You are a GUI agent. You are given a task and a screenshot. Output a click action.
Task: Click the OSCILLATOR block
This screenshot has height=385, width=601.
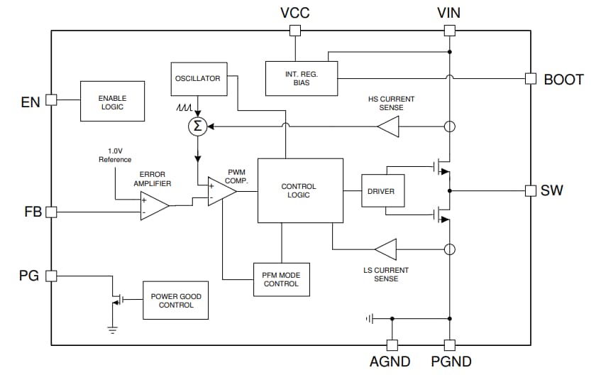tap(198, 78)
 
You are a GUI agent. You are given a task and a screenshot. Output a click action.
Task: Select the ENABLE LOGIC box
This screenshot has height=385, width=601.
tap(112, 101)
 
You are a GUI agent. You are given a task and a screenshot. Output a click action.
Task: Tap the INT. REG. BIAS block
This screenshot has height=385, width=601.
tap(302, 77)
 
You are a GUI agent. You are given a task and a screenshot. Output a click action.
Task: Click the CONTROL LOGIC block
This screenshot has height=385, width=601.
tap(299, 190)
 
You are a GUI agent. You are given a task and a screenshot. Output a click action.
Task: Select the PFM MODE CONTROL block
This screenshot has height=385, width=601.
tap(281, 279)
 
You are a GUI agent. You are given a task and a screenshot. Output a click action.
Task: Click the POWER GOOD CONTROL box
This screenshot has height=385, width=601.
tap(176, 300)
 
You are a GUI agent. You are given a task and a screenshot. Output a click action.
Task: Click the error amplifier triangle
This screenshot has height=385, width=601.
tap(153, 206)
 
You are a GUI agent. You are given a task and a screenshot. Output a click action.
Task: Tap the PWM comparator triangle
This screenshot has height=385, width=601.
tap(221, 191)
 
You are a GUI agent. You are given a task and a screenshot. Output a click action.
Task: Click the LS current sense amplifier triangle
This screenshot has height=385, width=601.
tap(387, 249)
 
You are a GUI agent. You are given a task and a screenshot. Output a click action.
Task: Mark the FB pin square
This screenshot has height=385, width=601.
tap(50, 212)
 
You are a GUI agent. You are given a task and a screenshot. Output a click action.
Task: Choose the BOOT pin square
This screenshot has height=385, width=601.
tap(530, 78)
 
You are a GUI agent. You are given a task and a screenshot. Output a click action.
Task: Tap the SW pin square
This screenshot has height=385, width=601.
tap(530, 190)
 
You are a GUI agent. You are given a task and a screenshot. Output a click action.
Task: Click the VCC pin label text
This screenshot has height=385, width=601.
tap(294, 12)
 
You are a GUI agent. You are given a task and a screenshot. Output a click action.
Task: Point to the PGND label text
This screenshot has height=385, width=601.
tap(451, 362)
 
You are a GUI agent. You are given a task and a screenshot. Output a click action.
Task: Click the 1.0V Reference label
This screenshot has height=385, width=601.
tap(115, 156)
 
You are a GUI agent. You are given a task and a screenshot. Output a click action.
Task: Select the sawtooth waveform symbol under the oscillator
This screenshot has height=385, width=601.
tap(183, 109)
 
